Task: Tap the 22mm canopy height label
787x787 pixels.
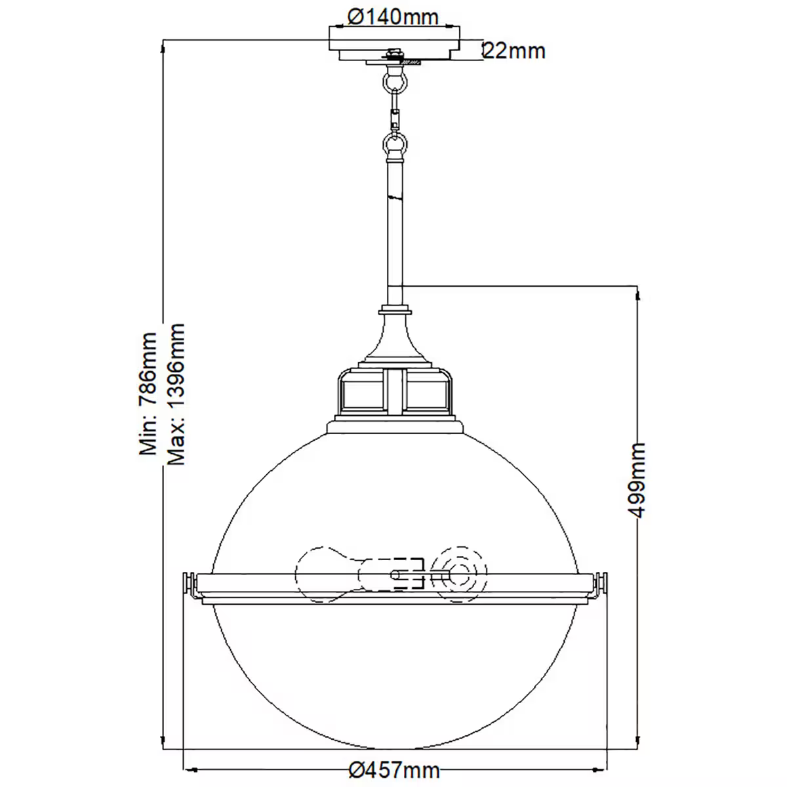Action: [515, 50]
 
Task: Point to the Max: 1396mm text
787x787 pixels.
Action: [176, 393]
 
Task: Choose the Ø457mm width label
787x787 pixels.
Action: [394, 769]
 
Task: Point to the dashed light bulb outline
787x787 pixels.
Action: [328, 573]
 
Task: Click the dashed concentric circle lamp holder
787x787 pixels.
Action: [462, 573]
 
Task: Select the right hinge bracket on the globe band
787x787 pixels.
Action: [599, 584]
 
